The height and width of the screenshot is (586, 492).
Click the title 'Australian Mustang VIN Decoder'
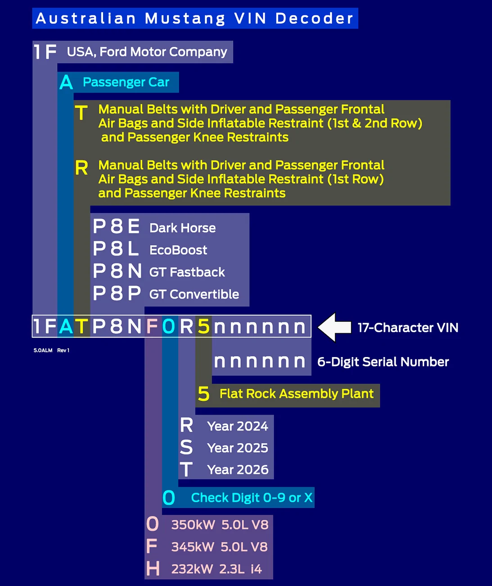point(194,18)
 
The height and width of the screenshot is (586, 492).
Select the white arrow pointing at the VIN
point(334,327)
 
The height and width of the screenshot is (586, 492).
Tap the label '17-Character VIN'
point(408,328)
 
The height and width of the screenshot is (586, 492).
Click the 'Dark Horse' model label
point(182,228)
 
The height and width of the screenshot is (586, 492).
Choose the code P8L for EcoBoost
point(116,249)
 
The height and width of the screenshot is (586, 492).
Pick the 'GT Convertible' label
point(194,294)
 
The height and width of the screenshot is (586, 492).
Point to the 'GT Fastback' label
point(187,272)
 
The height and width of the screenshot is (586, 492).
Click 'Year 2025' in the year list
point(238,448)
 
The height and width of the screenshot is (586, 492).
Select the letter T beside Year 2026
point(186,469)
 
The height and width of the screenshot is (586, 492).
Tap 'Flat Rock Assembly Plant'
point(297,394)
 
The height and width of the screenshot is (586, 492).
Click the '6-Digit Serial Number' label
point(383,362)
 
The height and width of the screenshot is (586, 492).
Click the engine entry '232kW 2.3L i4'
point(217,569)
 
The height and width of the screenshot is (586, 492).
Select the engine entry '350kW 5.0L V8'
point(220,525)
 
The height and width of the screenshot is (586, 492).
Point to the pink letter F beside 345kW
point(152,546)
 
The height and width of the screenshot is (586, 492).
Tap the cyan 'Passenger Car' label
point(126,82)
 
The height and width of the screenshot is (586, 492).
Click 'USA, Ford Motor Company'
point(147,52)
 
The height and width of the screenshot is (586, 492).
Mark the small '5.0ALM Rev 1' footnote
point(51,350)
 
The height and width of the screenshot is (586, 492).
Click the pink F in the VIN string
point(152,326)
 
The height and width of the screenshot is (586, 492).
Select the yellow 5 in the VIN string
point(204,326)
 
